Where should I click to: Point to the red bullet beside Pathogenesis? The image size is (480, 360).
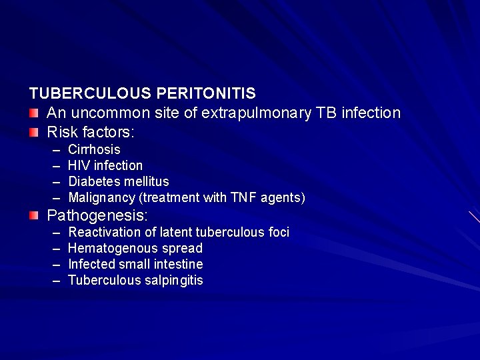[34, 215]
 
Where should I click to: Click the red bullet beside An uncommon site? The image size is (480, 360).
[34, 112]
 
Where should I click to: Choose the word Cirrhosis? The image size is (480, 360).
[94, 150]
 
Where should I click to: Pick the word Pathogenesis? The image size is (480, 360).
[97, 216]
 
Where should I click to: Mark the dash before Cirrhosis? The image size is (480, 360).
[56, 150]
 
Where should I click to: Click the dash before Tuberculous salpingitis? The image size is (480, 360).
[56, 281]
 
